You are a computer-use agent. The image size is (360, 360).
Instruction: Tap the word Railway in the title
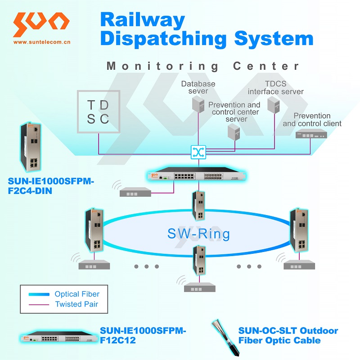(142, 20)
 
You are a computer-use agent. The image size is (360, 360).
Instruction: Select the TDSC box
(99, 112)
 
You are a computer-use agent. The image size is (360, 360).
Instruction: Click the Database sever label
(198, 87)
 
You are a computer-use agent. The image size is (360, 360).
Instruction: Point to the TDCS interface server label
(275, 87)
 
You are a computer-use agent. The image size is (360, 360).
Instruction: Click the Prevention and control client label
(312, 120)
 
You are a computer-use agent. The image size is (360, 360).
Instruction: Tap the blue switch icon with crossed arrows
(197, 152)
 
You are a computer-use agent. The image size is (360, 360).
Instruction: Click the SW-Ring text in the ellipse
(198, 234)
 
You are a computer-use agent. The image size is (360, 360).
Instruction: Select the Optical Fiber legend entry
(77, 294)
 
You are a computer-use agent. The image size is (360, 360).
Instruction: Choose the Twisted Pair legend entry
(76, 304)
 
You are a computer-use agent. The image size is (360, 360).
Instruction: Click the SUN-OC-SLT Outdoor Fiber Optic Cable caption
(288, 336)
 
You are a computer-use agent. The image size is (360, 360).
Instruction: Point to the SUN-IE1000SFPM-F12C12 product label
(143, 336)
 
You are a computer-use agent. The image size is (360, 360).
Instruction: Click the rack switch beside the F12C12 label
(58, 338)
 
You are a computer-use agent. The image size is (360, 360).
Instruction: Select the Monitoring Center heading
(203, 66)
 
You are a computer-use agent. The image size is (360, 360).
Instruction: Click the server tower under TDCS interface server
(273, 105)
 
